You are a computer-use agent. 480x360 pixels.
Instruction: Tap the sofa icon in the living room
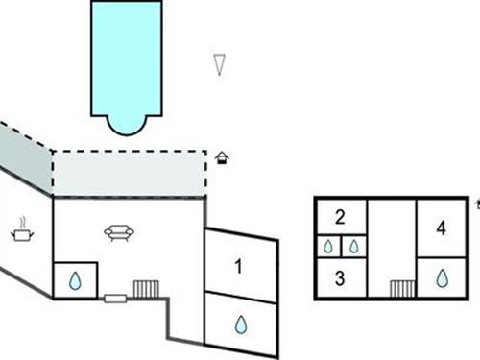pyautogui.click(x=120, y=232)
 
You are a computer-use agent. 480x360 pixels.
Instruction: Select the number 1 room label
pyautogui.click(x=239, y=264)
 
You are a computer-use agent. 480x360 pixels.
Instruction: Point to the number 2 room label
pyautogui.click(x=340, y=216)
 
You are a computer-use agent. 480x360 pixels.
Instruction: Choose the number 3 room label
pyautogui.click(x=340, y=278)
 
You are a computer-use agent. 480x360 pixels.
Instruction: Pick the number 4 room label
pyautogui.click(x=441, y=228)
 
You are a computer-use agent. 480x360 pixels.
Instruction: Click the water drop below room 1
pyautogui.click(x=240, y=324)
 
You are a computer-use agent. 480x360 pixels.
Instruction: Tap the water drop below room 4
pyautogui.click(x=442, y=278)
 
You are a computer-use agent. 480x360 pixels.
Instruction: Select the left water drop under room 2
pyautogui.click(x=328, y=247)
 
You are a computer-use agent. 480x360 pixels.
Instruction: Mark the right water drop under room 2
pyautogui.click(x=353, y=247)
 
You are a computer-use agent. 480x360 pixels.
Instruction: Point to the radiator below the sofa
pyautogui.click(x=145, y=289)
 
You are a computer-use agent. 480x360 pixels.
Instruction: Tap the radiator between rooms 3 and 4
pyautogui.click(x=401, y=288)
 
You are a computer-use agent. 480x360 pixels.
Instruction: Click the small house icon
pyautogui.click(x=224, y=156)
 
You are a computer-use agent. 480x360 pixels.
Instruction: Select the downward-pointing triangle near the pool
pyautogui.click(x=220, y=65)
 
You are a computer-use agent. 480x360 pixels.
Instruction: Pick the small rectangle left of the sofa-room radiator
pyautogui.click(x=113, y=299)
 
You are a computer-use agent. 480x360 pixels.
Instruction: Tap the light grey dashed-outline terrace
pyautogui.click(x=130, y=174)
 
